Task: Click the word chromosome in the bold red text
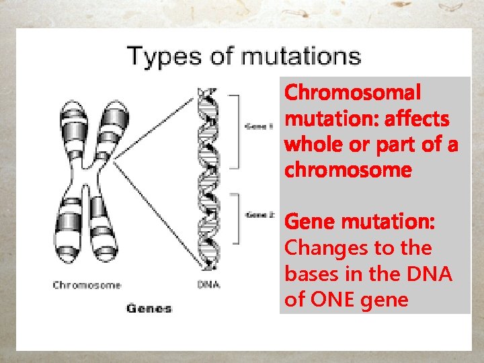(x=348, y=170)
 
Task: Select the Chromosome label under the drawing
(x=87, y=285)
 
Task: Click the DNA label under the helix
(x=209, y=285)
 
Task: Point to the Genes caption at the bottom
(x=149, y=308)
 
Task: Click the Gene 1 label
(x=256, y=126)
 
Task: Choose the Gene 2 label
(x=259, y=215)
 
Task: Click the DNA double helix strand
(x=209, y=182)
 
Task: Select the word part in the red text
(x=389, y=145)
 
